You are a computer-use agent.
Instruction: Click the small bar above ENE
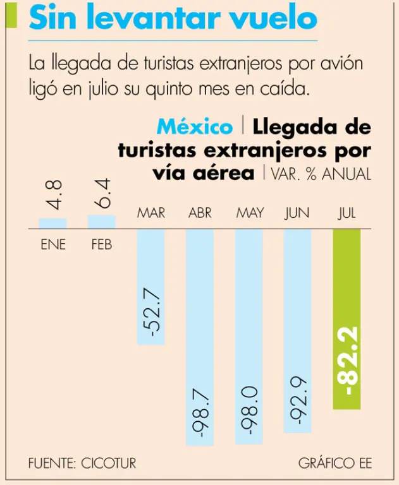pos(52,223)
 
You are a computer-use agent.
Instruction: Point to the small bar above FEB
pos(101,221)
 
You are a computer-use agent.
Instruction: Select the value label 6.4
pos(102,194)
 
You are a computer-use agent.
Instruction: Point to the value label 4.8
pos(54,195)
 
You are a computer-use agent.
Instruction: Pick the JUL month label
pos(347,213)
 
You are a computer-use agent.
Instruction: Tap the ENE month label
pos(53,244)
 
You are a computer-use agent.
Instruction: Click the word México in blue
pos(195,127)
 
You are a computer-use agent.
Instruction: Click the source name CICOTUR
pos(108,463)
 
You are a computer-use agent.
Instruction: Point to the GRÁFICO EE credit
pos(335,463)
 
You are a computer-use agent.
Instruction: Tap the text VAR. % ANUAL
pos(321,174)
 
